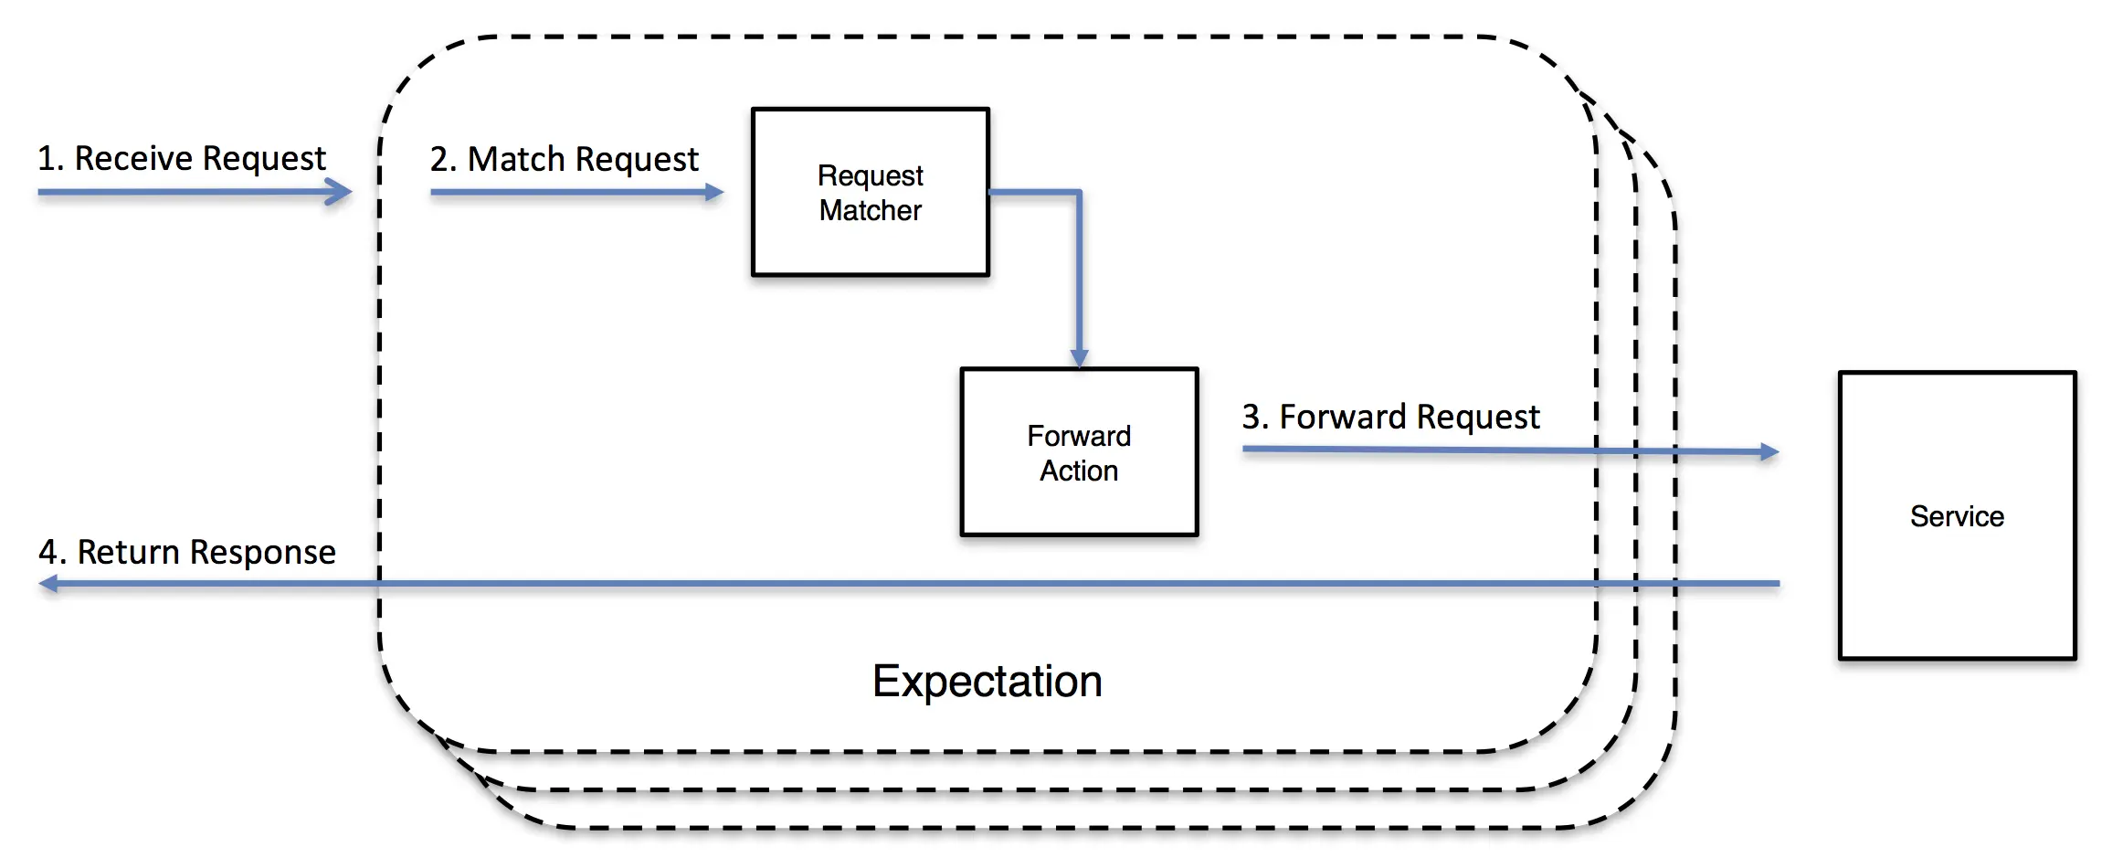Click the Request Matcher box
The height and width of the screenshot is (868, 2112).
[871, 192]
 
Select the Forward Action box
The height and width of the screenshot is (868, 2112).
[1079, 452]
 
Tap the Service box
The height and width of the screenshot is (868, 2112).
[1958, 515]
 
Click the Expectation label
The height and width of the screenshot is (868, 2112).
[987, 682]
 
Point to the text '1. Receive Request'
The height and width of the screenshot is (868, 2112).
[182, 159]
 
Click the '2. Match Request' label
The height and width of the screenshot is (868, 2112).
[565, 160]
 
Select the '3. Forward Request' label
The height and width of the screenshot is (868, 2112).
[1390, 418]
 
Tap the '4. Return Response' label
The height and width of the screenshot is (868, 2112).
[187, 552]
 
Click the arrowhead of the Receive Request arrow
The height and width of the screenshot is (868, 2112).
[339, 192]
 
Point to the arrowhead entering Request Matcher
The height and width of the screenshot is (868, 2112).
[714, 192]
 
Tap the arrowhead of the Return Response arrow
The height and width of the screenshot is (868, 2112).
[48, 583]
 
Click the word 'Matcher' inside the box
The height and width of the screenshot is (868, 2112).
[871, 210]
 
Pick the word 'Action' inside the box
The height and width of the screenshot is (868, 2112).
[1079, 471]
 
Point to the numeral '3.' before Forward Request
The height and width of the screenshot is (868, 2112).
[1255, 418]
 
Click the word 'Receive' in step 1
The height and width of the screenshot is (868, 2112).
[132, 158]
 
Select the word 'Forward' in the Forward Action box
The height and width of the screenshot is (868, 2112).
[1079, 436]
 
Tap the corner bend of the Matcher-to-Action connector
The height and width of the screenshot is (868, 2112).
[1079, 192]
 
